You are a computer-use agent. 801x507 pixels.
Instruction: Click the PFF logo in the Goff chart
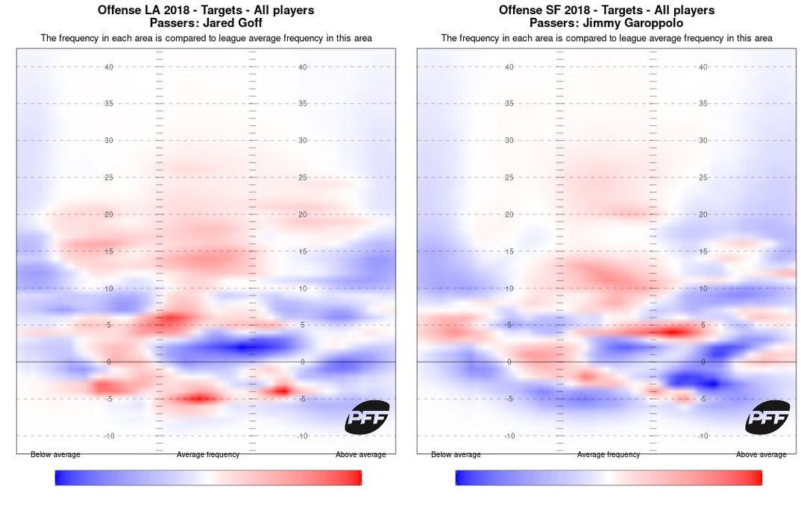coord(367,418)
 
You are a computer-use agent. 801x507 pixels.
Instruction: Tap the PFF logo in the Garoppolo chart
coord(767,418)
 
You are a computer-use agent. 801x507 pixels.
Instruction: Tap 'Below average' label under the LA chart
coord(55,455)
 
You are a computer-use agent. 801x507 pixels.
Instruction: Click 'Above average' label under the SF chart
coord(761,455)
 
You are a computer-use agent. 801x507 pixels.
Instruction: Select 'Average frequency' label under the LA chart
coord(208,455)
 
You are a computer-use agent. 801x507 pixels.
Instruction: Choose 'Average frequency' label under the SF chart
coord(609,455)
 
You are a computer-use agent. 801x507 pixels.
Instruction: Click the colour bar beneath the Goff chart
coord(208,478)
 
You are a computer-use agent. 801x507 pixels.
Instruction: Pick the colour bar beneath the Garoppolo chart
coord(609,478)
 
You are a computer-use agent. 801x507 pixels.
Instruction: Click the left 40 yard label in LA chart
coord(109,67)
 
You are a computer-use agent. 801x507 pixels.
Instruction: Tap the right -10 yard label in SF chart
coord(702,436)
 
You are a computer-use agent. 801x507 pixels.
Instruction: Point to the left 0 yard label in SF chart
coord(509,362)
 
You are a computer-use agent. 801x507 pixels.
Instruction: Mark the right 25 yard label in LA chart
coord(303,177)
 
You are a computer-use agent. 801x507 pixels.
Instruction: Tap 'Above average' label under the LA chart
coord(361,455)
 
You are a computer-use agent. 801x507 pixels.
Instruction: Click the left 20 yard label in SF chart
coord(509,215)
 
